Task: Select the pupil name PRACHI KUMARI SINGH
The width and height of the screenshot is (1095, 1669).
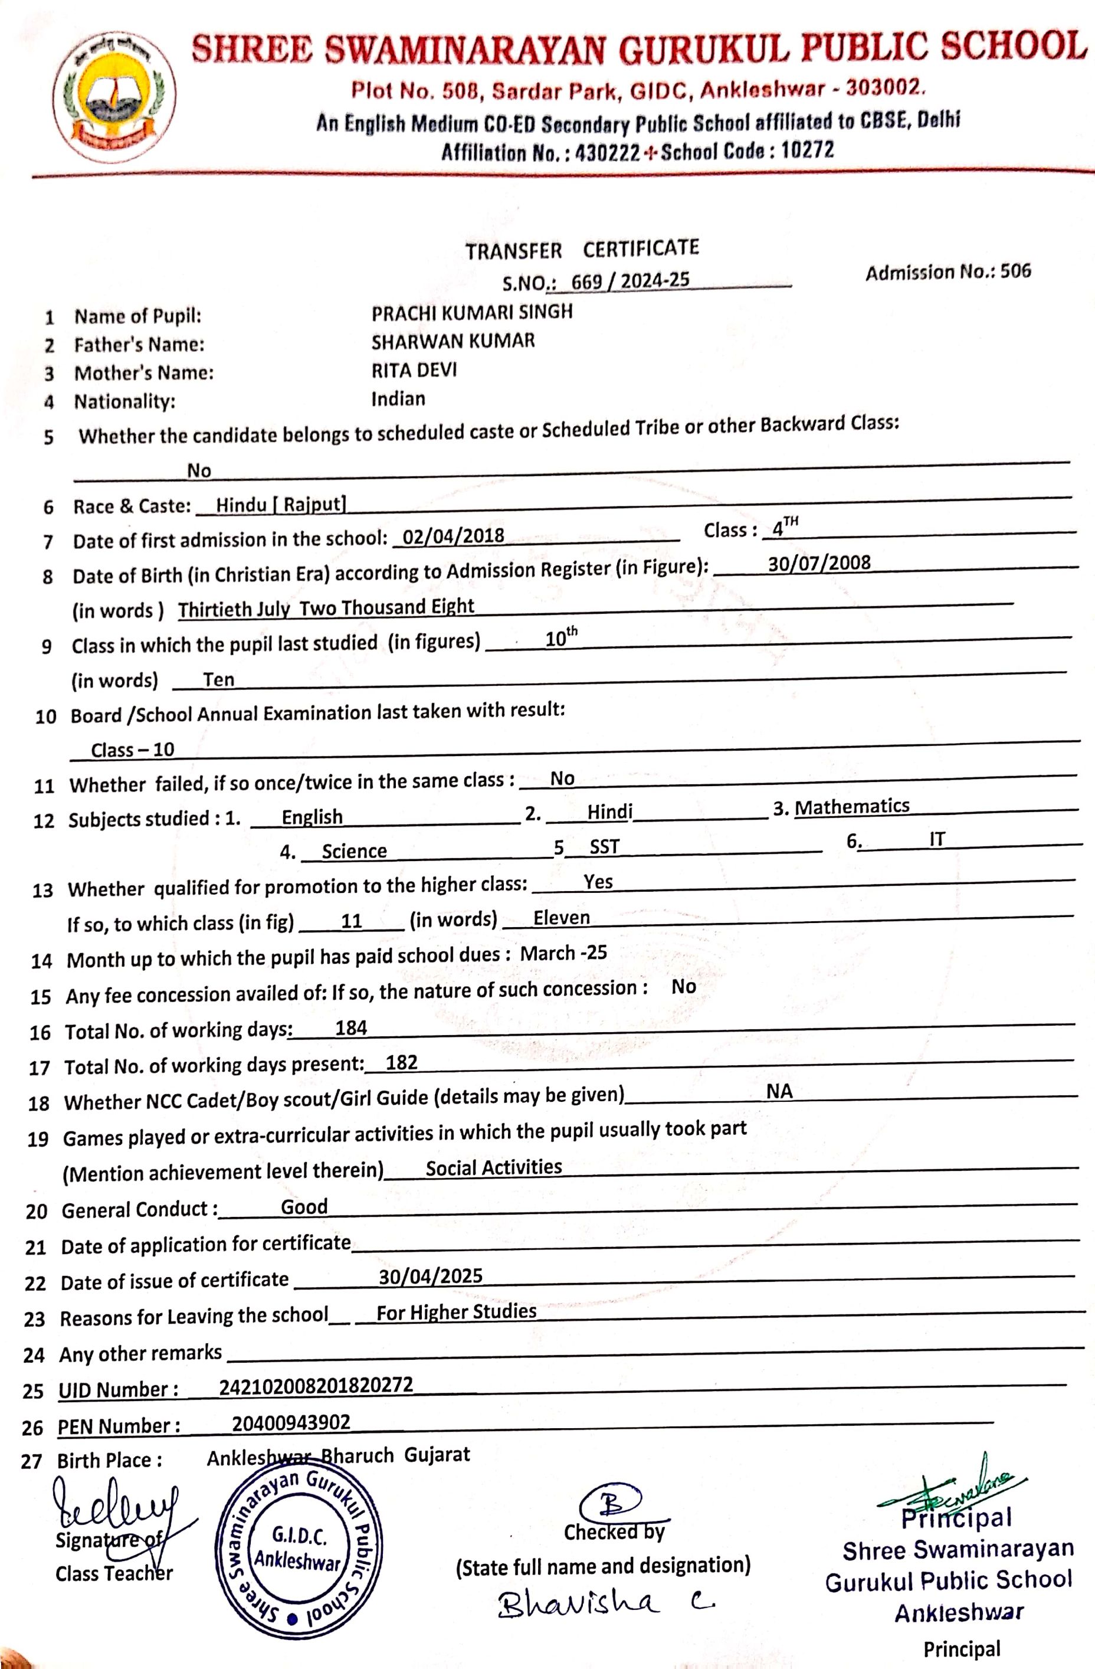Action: pos(472,312)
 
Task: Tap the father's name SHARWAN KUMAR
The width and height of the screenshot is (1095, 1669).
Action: pos(453,342)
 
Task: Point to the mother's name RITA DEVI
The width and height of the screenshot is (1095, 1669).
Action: pos(414,370)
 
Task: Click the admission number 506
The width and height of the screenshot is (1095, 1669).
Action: pos(1016,271)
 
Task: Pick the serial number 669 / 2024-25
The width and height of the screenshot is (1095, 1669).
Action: pos(630,280)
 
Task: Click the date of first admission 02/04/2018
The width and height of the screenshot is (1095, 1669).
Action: pos(454,536)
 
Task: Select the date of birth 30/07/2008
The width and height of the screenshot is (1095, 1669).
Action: pos(819,563)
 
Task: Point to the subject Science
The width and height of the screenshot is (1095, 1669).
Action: pos(354,850)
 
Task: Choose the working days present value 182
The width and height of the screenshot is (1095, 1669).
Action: pos(402,1062)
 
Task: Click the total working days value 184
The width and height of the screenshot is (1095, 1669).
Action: pos(351,1028)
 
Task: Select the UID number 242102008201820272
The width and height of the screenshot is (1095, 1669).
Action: pos(316,1386)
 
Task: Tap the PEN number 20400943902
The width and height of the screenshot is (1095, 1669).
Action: pos(291,1422)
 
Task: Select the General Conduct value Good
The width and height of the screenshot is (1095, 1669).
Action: pos(304,1206)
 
